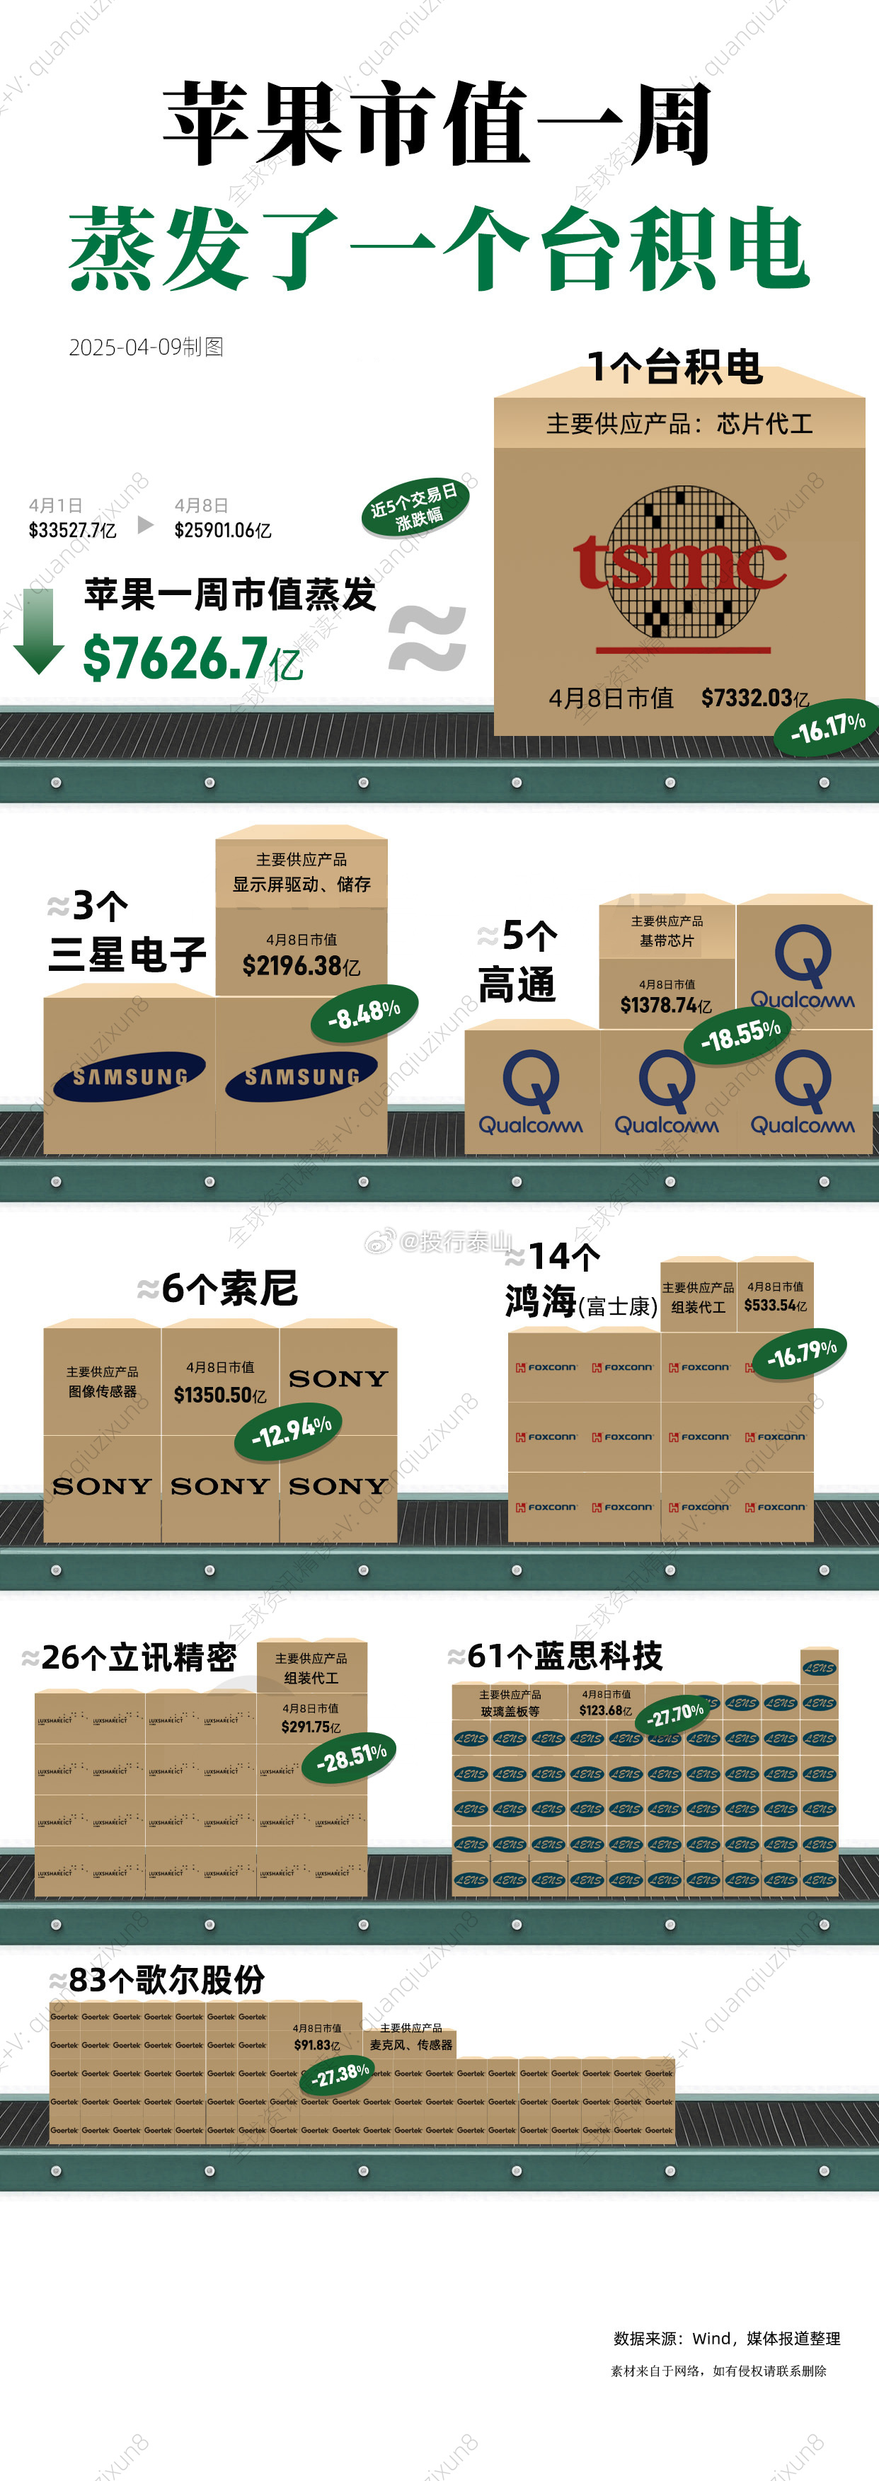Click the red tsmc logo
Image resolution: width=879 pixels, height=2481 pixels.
(x=679, y=563)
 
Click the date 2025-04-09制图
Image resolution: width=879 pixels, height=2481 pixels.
(x=146, y=347)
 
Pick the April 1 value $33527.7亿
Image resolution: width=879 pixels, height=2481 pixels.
(x=72, y=530)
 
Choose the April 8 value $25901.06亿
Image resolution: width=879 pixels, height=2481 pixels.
(x=222, y=530)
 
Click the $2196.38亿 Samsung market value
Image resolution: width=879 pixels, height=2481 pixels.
(x=301, y=965)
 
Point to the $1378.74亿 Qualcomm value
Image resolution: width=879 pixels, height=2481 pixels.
(x=666, y=1006)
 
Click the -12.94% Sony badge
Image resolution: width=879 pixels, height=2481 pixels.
(x=291, y=1431)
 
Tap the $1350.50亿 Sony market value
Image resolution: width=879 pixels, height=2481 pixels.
(x=221, y=1395)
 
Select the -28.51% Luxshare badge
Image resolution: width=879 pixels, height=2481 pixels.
(x=352, y=1758)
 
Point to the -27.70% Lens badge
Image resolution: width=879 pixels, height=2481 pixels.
(x=676, y=1715)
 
